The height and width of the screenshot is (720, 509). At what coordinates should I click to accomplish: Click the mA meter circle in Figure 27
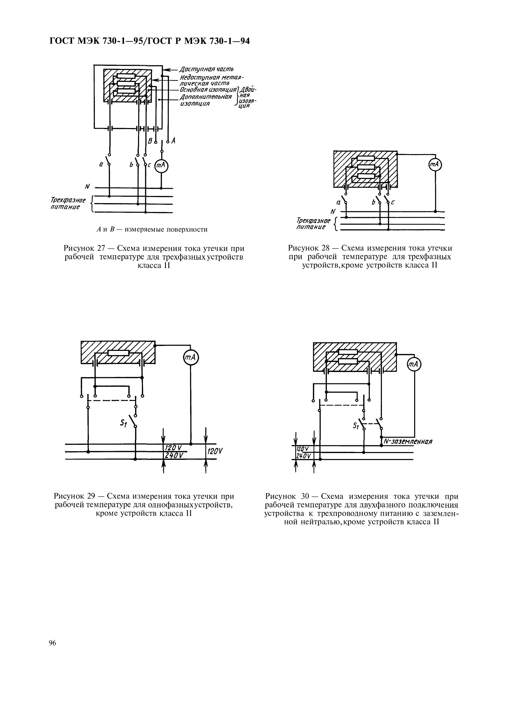(161, 166)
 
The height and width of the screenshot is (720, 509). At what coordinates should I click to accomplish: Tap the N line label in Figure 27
(87, 187)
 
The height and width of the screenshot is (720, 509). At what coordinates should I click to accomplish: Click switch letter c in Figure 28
(393, 203)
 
